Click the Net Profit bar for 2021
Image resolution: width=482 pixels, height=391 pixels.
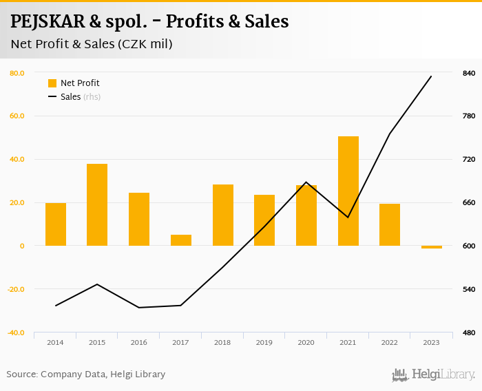click(x=348, y=191)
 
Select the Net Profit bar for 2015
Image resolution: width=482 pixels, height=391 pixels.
click(x=97, y=204)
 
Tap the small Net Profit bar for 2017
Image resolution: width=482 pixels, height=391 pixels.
click(x=180, y=240)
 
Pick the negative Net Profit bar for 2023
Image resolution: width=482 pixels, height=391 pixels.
click(x=432, y=247)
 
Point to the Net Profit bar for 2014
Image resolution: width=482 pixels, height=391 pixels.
click(x=56, y=224)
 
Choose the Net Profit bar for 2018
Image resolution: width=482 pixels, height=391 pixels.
click(x=222, y=215)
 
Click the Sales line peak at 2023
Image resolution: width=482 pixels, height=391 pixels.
click(x=431, y=76)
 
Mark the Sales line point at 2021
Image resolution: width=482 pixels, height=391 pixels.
click(x=348, y=218)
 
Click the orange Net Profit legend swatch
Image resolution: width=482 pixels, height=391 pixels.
click(x=52, y=83)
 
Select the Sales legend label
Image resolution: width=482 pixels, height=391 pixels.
click(x=71, y=97)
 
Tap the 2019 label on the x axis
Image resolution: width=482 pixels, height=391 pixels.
click(x=264, y=342)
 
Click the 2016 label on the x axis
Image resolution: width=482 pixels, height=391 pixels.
click(x=139, y=342)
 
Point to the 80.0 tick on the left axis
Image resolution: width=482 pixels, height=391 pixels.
click(x=17, y=73)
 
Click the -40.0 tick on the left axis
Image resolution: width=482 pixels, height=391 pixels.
click(x=16, y=332)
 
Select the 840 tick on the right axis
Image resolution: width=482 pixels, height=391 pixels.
click(x=468, y=73)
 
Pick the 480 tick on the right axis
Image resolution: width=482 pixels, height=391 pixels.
click(x=468, y=332)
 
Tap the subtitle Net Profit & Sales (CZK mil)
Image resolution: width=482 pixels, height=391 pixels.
click(x=91, y=45)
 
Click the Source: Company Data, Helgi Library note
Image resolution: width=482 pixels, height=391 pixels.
click(x=86, y=374)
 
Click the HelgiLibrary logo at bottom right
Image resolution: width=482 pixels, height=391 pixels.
click(x=433, y=374)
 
